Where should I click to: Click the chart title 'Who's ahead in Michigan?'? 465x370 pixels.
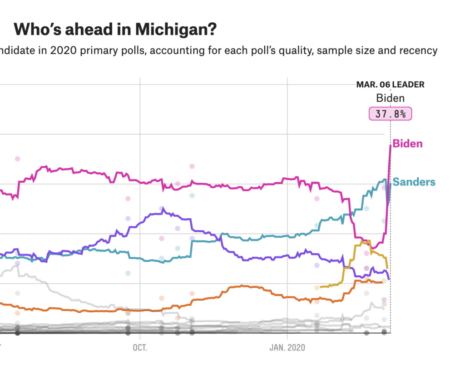[115, 30]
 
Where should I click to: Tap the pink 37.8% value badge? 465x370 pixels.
[390, 114]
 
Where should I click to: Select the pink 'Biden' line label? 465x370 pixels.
[407, 144]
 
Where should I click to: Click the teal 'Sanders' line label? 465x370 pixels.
[414, 182]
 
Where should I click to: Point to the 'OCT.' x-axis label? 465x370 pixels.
[141, 348]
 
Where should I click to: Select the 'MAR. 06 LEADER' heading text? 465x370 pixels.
[390, 85]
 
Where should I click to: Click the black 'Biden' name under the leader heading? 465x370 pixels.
[390, 98]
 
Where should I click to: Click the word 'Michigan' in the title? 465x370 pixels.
[175, 30]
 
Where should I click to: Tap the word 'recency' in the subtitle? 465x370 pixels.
[420, 50]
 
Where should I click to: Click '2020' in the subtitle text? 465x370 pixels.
[60, 50]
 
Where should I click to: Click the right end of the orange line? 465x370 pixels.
[382, 282]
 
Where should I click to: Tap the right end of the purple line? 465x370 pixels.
[389, 279]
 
